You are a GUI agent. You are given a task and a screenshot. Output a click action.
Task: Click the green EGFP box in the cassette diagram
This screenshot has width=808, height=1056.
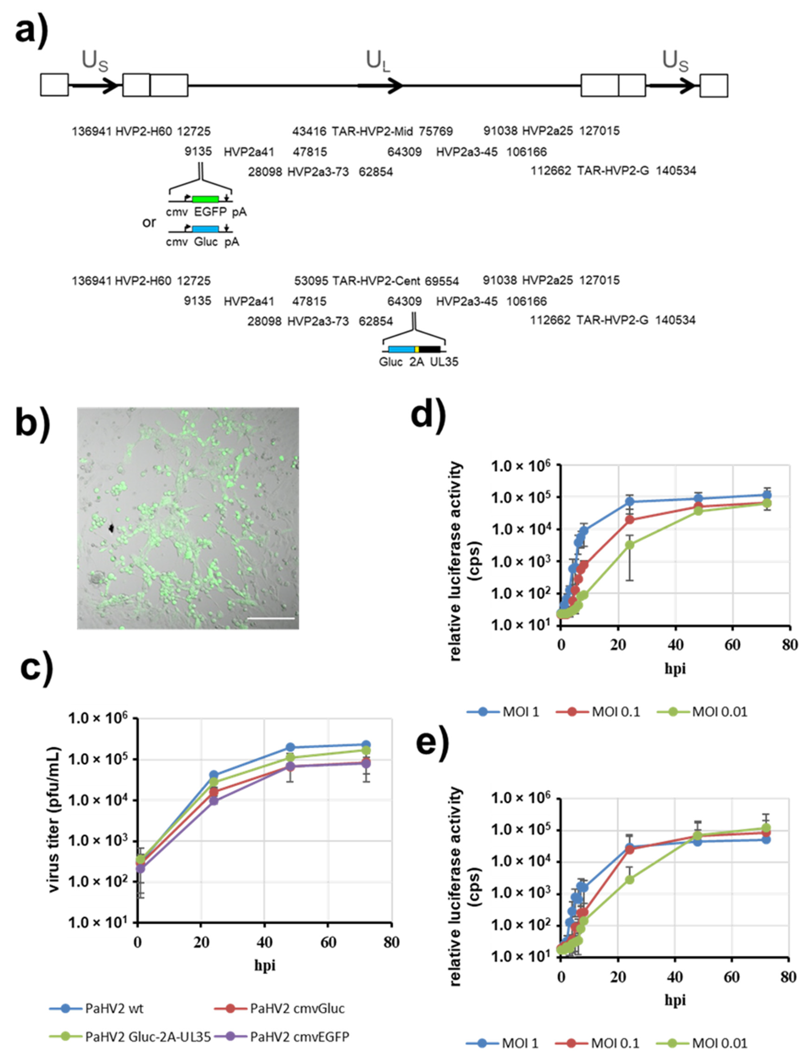(205, 199)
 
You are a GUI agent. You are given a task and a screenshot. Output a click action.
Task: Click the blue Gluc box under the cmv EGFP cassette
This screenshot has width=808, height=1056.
(205, 229)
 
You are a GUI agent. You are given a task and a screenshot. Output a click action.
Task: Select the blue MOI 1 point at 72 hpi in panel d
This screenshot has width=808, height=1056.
(767, 495)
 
